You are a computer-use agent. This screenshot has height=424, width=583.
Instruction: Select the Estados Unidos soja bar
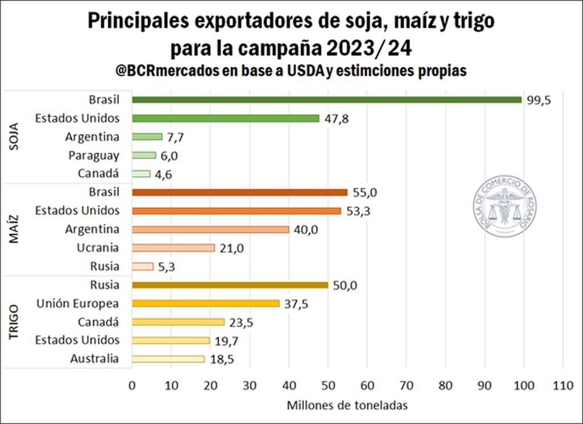[x=225, y=119]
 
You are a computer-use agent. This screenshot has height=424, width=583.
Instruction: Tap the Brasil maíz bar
[x=239, y=193]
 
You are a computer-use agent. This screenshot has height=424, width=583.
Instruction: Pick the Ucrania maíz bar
[x=173, y=248]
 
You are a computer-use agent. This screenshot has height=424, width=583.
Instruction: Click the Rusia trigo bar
[x=230, y=285]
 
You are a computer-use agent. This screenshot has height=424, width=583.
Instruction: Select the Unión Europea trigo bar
[x=206, y=303]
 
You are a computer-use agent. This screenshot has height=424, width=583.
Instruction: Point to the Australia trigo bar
[x=168, y=359]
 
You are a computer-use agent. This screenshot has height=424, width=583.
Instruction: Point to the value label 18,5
[x=221, y=359]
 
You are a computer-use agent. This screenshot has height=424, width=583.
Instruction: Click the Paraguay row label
[x=94, y=155]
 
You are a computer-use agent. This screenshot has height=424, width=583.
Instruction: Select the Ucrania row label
[x=98, y=248]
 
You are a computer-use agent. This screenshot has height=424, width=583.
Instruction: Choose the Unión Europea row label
[x=77, y=303]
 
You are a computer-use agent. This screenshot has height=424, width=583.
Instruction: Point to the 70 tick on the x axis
[x=407, y=385]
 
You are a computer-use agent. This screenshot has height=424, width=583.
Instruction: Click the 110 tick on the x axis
[x=563, y=385]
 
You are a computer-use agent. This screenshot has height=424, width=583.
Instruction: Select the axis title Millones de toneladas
[x=347, y=405]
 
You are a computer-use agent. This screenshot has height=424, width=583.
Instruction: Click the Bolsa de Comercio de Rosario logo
[x=504, y=206]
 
